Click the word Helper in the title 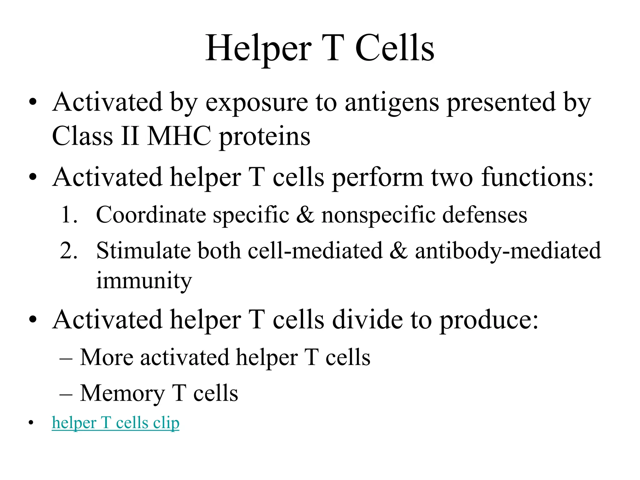[x=258, y=49]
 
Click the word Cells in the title [x=395, y=49]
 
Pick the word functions [x=537, y=177]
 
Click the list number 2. [x=68, y=251]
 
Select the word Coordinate [x=151, y=215]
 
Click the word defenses [x=485, y=215]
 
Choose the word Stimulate [x=143, y=251]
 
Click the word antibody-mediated [x=508, y=251]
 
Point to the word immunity [x=144, y=281]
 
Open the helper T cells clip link [x=116, y=423]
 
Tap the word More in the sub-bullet [x=107, y=357]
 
